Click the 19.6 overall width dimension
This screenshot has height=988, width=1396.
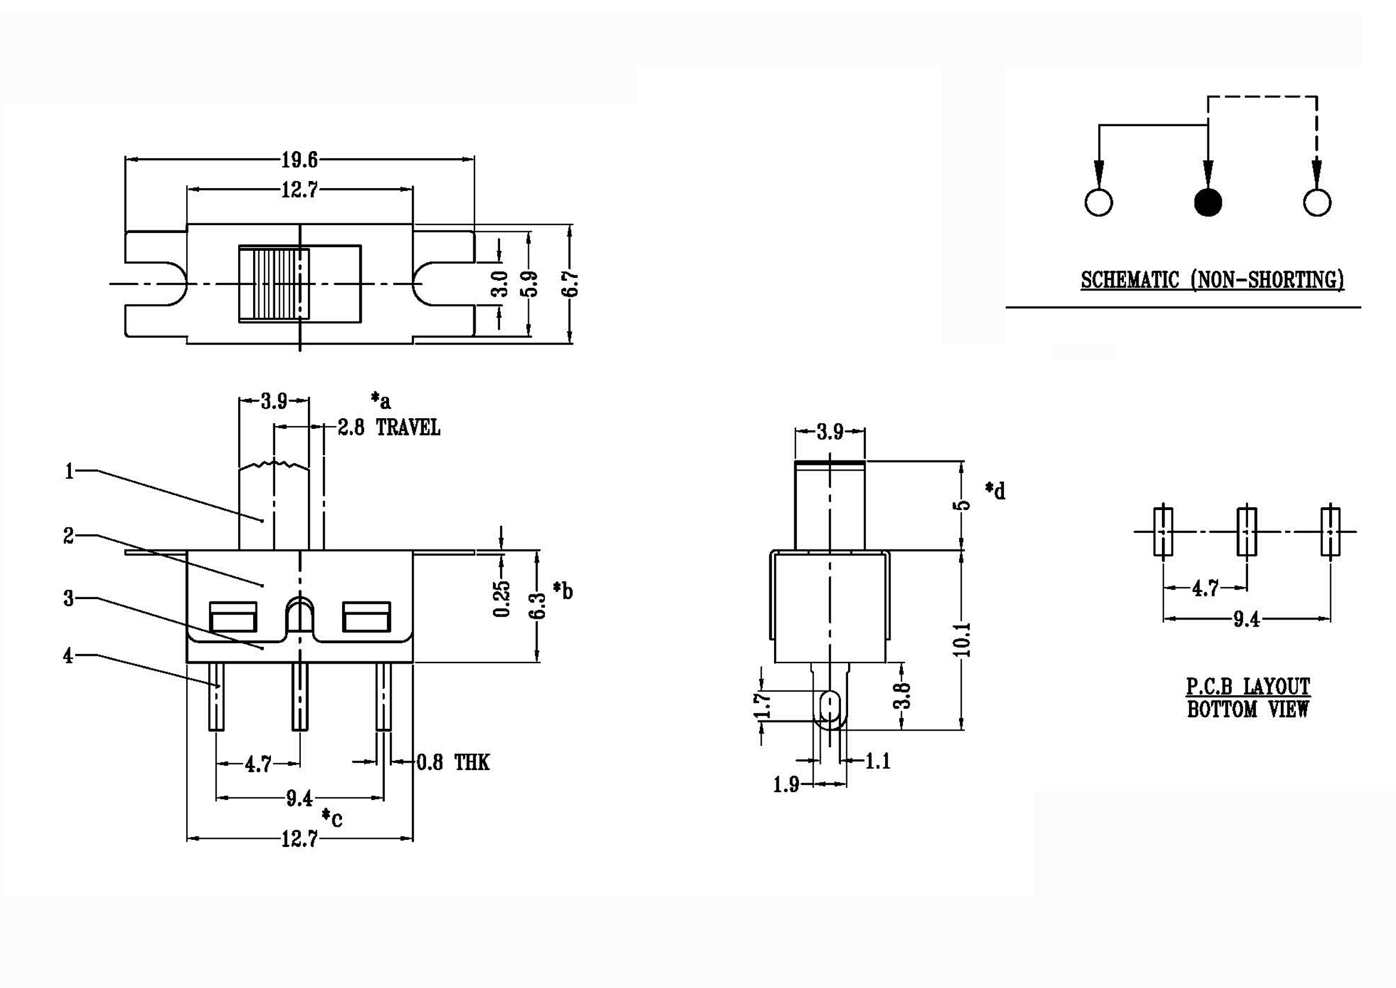click(x=299, y=160)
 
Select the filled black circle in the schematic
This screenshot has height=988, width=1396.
click(x=1207, y=202)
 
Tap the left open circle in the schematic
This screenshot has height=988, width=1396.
click(x=1099, y=202)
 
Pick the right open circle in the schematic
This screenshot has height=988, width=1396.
click(x=1317, y=202)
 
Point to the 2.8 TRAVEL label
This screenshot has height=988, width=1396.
click(x=389, y=428)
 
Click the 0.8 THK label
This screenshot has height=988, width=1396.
click(x=453, y=762)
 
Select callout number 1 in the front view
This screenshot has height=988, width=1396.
click(x=69, y=471)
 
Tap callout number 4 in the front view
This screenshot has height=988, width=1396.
click(x=68, y=656)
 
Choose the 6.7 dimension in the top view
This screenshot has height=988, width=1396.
click(x=571, y=284)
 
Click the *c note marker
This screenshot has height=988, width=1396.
click(x=332, y=818)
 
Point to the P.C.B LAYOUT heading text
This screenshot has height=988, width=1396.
click(x=1248, y=687)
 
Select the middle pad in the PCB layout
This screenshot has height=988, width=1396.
click(x=1247, y=531)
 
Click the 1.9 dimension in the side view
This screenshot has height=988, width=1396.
click(x=786, y=786)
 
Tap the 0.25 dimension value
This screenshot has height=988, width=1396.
click(x=501, y=599)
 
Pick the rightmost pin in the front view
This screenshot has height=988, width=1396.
click(x=384, y=696)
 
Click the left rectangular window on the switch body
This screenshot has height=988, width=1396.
click(x=232, y=618)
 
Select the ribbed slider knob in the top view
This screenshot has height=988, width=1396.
click(x=273, y=284)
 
